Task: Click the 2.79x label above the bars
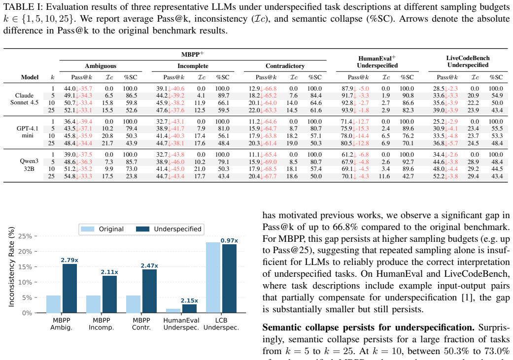click(69, 260)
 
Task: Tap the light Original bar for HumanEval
click(173, 311)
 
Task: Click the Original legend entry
click(102, 229)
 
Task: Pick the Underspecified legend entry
click(169, 229)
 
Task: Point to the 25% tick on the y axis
click(25, 236)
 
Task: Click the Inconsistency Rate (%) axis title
click(11, 266)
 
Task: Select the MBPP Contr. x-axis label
click(141, 324)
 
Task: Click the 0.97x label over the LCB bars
click(229, 240)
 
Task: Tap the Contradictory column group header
click(285, 66)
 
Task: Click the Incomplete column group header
click(193, 66)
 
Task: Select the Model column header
click(30, 77)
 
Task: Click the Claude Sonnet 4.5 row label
click(24, 99)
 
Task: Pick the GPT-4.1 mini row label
click(28, 132)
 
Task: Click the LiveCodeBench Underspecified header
click(468, 62)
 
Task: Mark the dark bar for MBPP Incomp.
click(109, 295)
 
